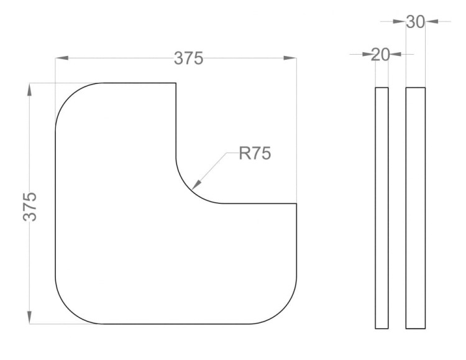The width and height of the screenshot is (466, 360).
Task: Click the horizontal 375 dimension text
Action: click(188, 58)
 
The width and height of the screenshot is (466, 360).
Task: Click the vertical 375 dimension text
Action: click(30, 206)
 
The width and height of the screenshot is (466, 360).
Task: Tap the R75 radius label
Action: click(255, 154)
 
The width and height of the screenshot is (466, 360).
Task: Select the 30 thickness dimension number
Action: click(415, 22)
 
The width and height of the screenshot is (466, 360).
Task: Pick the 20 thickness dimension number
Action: click(380, 55)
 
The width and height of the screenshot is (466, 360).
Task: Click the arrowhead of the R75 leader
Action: click(197, 185)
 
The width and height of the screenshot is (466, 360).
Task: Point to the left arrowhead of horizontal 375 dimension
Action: click(62, 58)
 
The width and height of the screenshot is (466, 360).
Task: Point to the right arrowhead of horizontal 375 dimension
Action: click(290, 58)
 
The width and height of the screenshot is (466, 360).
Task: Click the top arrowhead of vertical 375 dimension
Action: click(29, 90)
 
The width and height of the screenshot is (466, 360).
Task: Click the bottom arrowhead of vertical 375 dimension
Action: click(29, 317)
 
